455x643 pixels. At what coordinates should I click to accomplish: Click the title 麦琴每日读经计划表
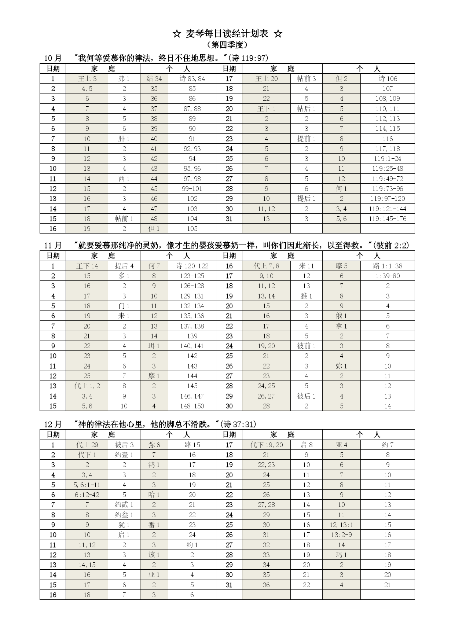pyautogui.click(x=227, y=34)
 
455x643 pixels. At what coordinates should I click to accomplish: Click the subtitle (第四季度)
pyautogui.click(x=227, y=45)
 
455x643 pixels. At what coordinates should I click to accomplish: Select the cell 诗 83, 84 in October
pyautogui.click(x=192, y=79)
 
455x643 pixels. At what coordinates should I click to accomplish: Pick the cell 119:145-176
pyautogui.click(x=388, y=219)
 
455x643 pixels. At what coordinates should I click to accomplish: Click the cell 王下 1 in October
pyautogui.click(x=266, y=109)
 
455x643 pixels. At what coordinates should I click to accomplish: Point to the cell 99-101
pyautogui.click(x=192, y=189)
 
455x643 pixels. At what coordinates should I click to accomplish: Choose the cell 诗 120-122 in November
pyautogui.click(x=192, y=266)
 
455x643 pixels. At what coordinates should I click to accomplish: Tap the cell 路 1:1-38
pyautogui.click(x=388, y=266)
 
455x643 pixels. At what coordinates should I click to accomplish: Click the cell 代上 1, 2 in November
pyautogui.click(x=87, y=386)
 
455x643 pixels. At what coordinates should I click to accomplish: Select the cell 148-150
pyautogui.click(x=192, y=406)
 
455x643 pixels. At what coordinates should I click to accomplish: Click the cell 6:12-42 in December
pyautogui.click(x=87, y=495)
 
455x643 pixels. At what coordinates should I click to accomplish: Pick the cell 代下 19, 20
pyautogui.click(x=266, y=445)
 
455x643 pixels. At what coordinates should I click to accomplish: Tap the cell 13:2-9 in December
pyautogui.click(x=341, y=535)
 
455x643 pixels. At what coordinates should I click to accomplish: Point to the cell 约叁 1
pyautogui.click(x=124, y=515)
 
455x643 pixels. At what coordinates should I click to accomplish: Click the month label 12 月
pyautogui.click(x=53, y=425)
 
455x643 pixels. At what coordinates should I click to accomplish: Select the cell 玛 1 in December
pyautogui.click(x=341, y=555)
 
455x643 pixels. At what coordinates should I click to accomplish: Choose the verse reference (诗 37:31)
pyautogui.click(x=238, y=425)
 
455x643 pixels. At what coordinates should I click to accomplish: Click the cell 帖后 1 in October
pyautogui.click(x=306, y=109)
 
